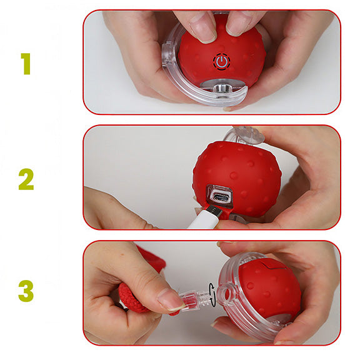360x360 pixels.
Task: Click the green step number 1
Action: [26, 64]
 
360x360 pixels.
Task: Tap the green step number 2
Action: [26, 179]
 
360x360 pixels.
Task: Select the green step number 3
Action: [26, 291]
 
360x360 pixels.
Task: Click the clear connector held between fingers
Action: [194, 299]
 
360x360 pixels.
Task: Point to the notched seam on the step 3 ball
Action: [273, 265]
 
